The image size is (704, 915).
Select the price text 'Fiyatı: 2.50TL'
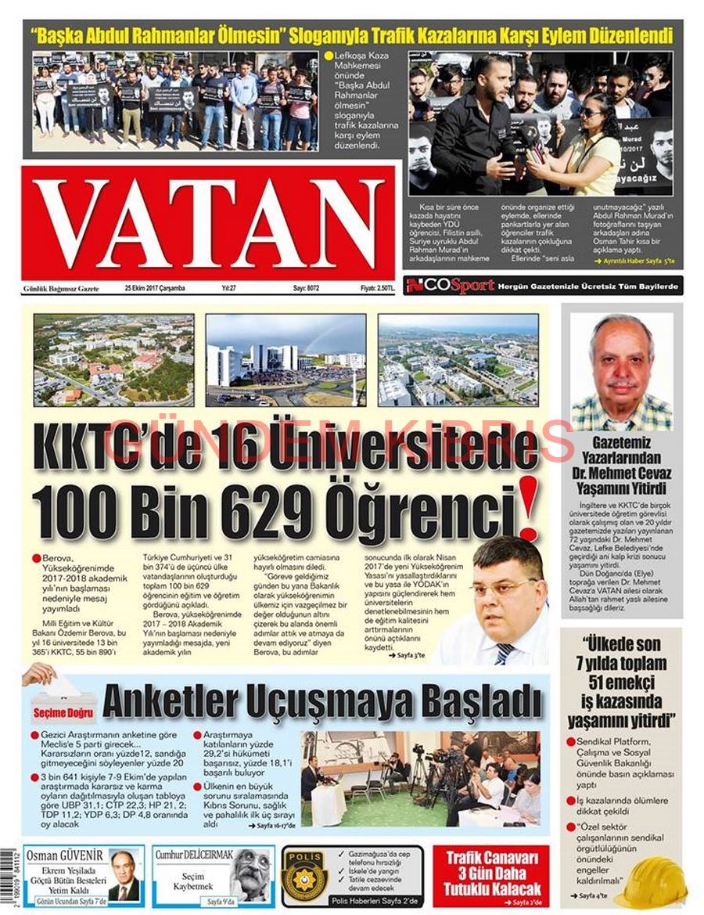point(377,288)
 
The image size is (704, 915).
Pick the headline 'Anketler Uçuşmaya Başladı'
point(321,701)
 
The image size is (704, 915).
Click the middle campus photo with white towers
point(286,359)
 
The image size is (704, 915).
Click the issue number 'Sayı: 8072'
point(306,288)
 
